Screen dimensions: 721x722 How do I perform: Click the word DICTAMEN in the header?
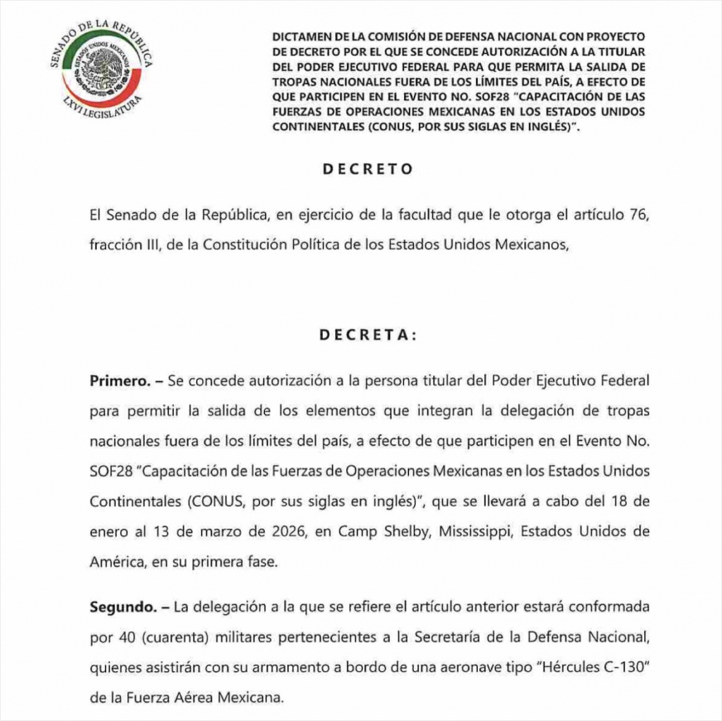299,39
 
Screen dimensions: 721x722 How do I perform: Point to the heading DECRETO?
368,169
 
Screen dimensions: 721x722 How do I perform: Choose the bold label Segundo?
123,607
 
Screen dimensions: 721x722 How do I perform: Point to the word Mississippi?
470,531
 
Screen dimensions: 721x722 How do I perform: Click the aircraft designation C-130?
620,667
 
